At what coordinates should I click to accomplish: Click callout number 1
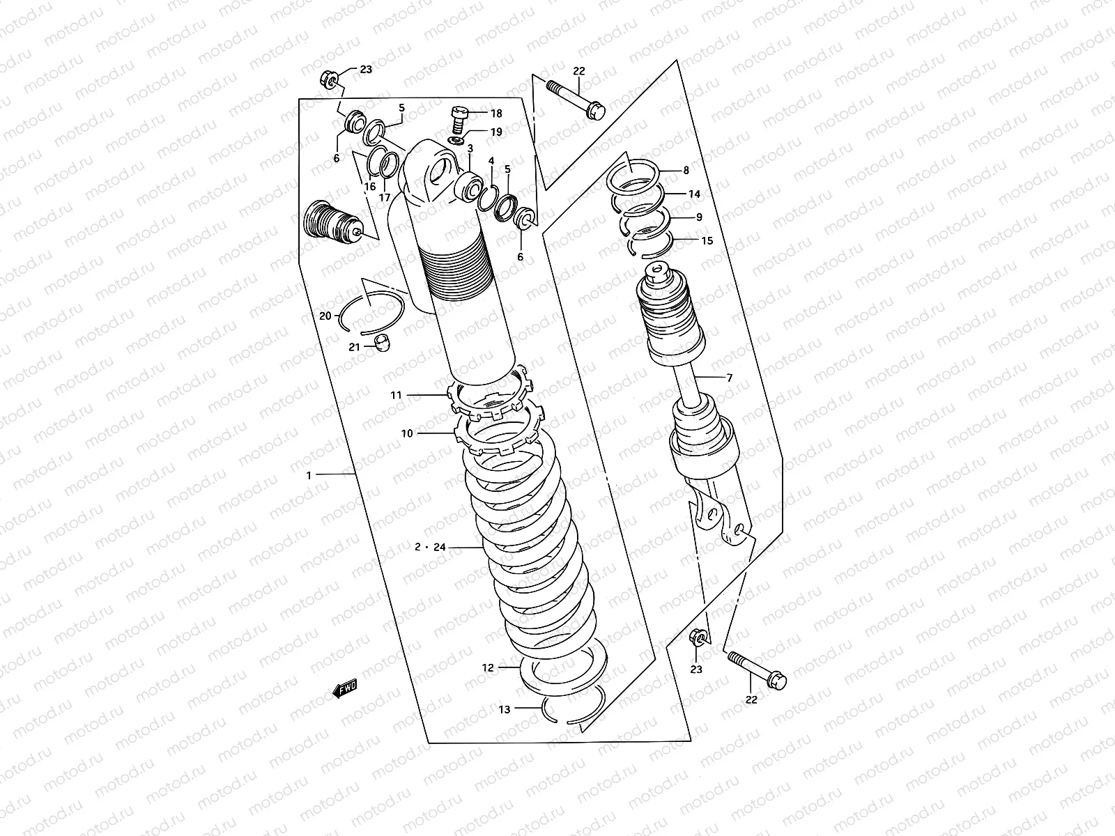[309, 474]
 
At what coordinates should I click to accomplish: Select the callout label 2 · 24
[429, 548]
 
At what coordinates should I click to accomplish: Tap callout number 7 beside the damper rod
[729, 378]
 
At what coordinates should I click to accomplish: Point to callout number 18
[495, 114]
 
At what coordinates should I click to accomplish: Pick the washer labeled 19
[456, 141]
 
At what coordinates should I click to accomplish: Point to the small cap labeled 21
[381, 341]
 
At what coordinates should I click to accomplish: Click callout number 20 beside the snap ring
[325, 316]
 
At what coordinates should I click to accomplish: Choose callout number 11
[396, 395]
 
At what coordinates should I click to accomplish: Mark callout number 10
[407, 433]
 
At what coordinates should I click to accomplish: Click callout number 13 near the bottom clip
[505, 709]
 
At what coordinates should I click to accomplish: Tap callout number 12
[488, 667]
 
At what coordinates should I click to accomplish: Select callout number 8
[686, 170]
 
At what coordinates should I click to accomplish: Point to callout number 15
[707, 241]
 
